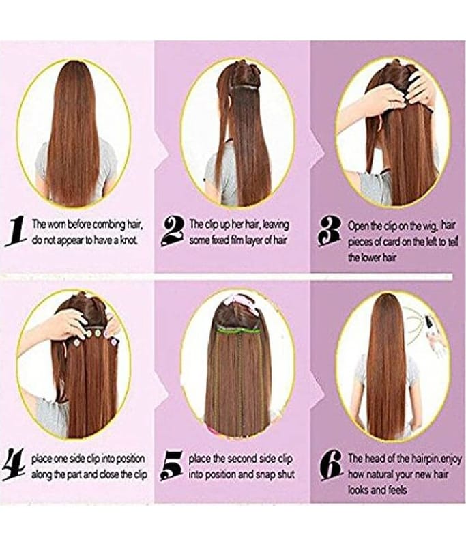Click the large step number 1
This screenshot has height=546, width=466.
[x=16, y=231]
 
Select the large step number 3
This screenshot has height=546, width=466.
[x=331, y=232]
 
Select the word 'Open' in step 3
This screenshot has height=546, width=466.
[x=357, y=227]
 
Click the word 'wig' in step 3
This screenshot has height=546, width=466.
[x=431, y=227]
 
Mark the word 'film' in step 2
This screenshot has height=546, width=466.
[x=228, y=240]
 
